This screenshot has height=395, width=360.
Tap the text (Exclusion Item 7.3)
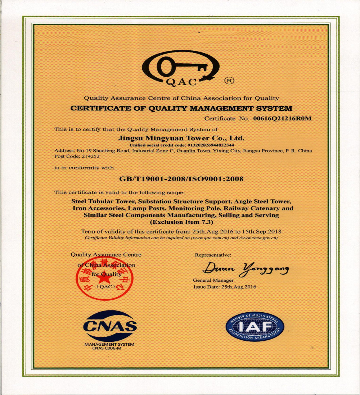(181, 222)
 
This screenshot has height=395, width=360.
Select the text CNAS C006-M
(104, 348)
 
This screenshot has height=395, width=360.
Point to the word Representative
(213, 255)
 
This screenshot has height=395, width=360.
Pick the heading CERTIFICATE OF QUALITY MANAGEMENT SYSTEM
(181, 108)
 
